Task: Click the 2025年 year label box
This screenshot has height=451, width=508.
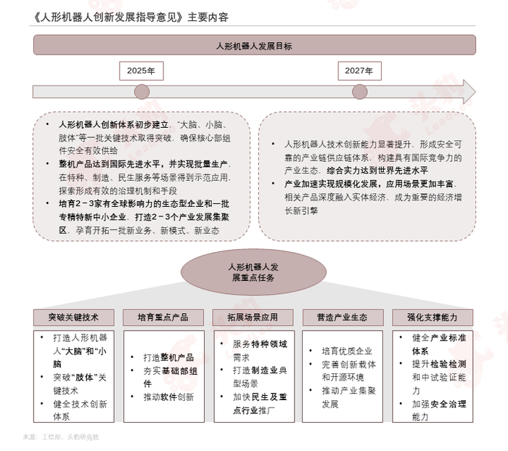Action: tap(142, 70)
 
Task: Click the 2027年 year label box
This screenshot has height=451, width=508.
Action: tap(359, 70)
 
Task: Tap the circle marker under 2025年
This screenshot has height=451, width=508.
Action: tap(142, 92)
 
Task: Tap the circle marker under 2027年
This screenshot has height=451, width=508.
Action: tap(359, 92)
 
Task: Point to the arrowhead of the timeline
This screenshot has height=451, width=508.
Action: tap(468, 92)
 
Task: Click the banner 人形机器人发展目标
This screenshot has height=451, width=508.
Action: tap(254, 45)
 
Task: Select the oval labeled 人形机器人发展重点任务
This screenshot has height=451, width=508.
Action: tap(253, 272)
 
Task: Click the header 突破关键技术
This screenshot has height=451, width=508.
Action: tap(73, 317)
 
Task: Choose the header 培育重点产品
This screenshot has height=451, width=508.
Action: tap(164, 317)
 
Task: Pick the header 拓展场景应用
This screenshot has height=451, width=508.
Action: tap(253, 317)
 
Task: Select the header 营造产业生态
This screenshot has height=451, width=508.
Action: tap(343, 317)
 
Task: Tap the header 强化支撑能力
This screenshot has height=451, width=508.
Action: tap(433, 317)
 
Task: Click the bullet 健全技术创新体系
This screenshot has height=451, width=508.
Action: tap(80, 410)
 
